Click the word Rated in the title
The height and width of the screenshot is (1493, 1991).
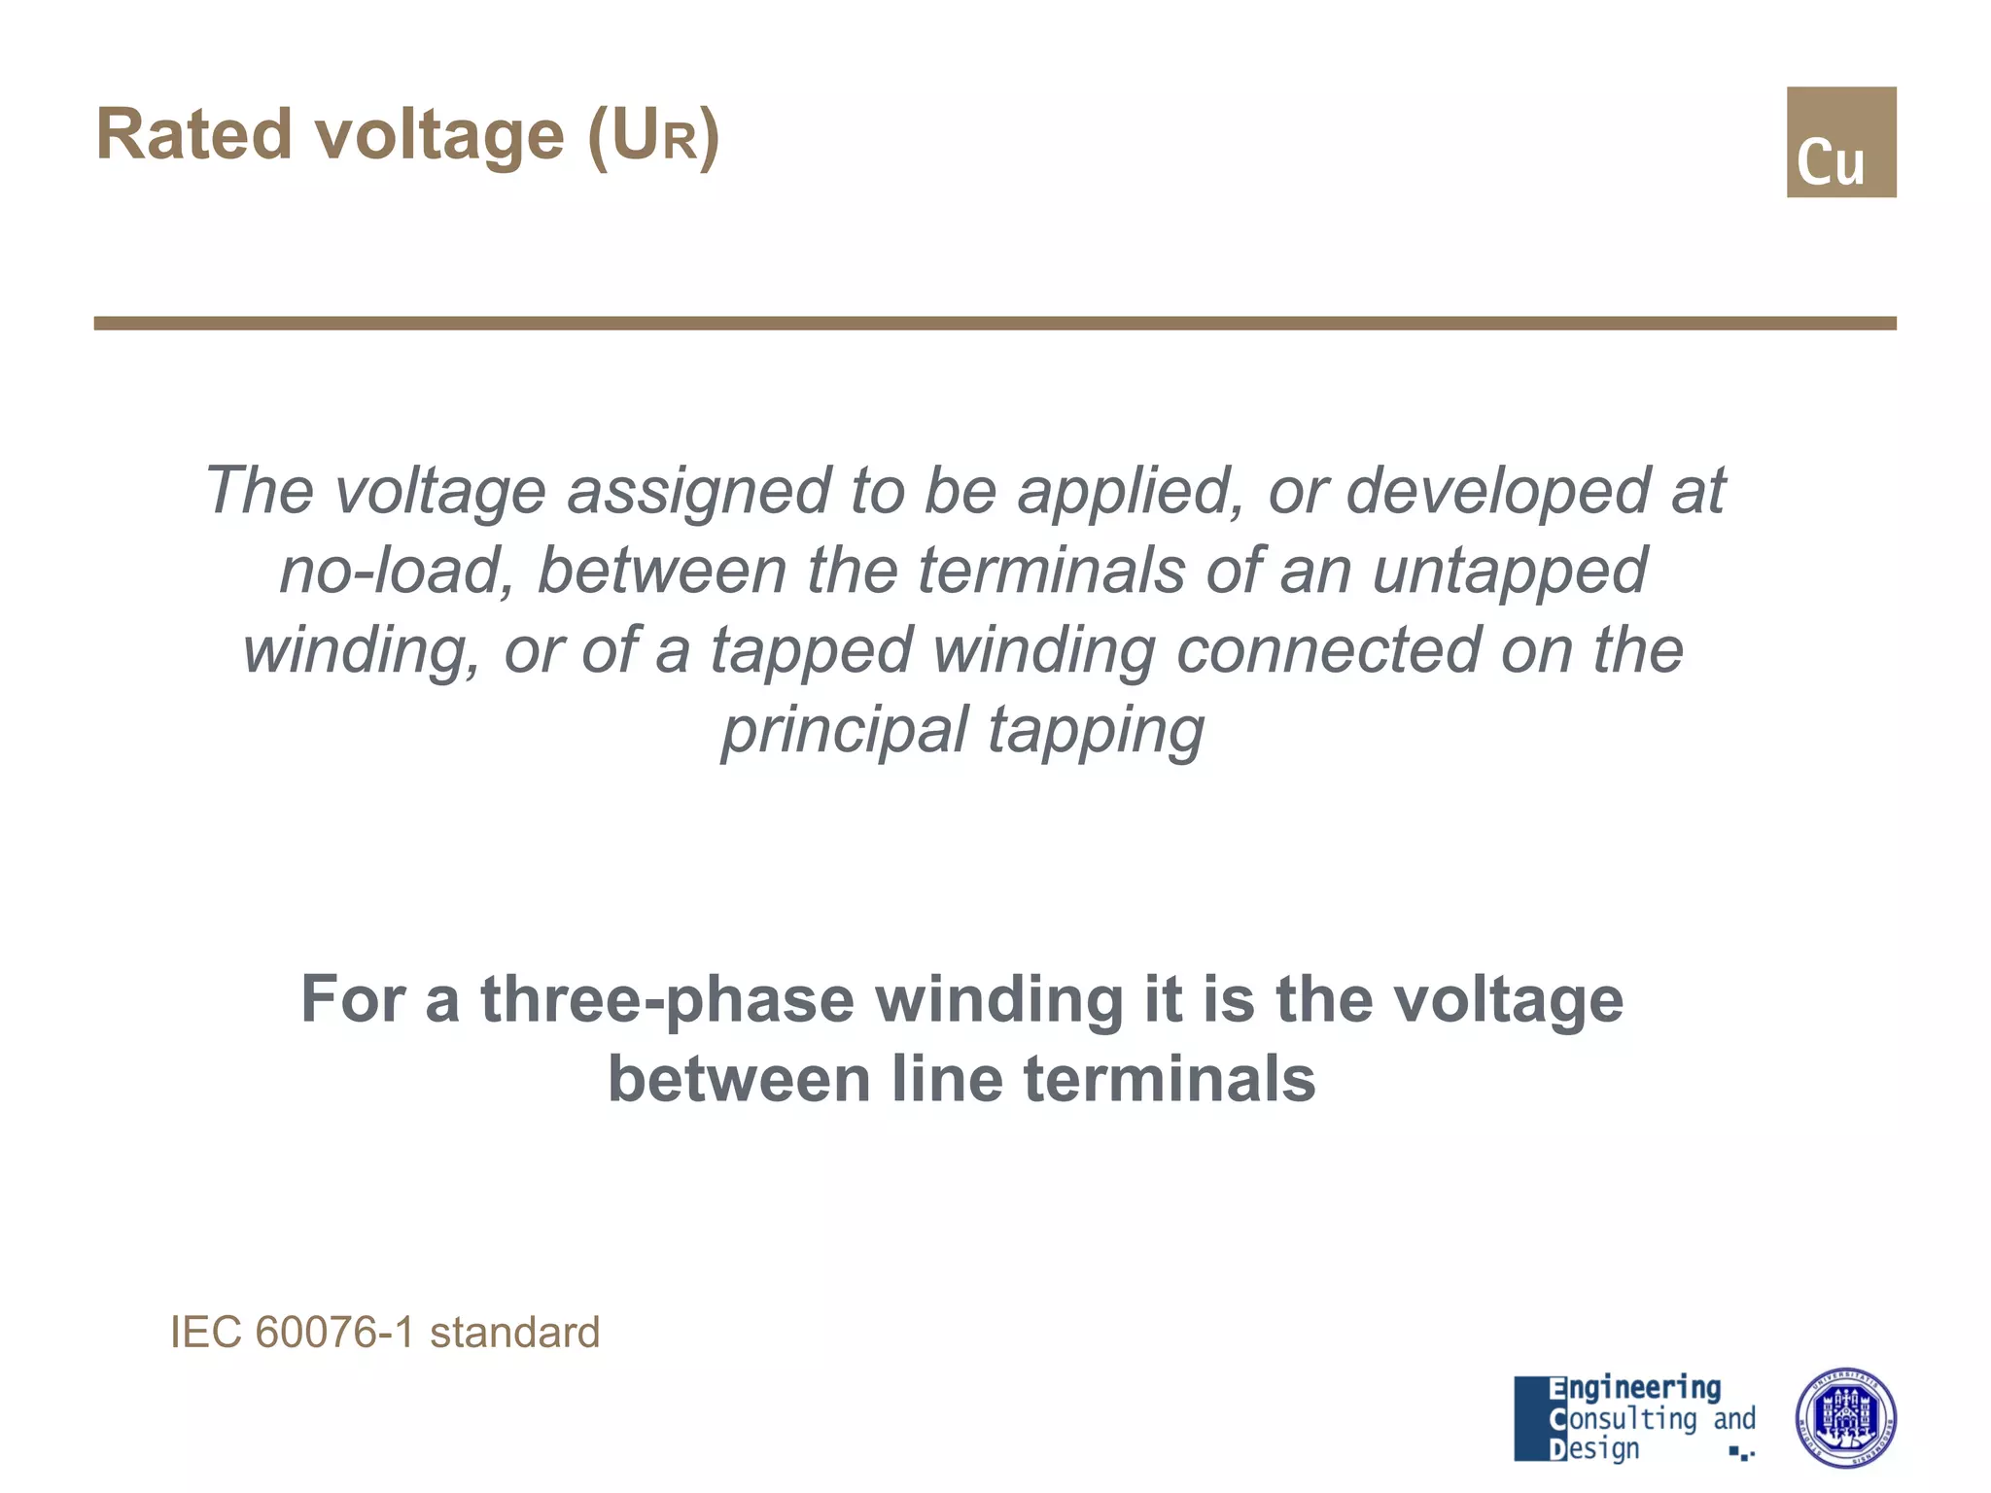click(193, 135)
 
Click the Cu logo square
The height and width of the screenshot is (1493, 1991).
click(1840, 142)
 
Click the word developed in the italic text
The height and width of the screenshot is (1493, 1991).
click(1496, 492)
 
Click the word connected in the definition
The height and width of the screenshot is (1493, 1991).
click(1327, 650)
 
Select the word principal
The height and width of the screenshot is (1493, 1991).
click(845, 731)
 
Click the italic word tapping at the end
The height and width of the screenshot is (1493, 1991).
click(1096, 731)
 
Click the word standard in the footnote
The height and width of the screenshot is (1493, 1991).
click(514, 1333)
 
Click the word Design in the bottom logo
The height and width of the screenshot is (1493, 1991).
click(1593, 1449)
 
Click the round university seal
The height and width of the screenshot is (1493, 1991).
click(1844, 1418)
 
